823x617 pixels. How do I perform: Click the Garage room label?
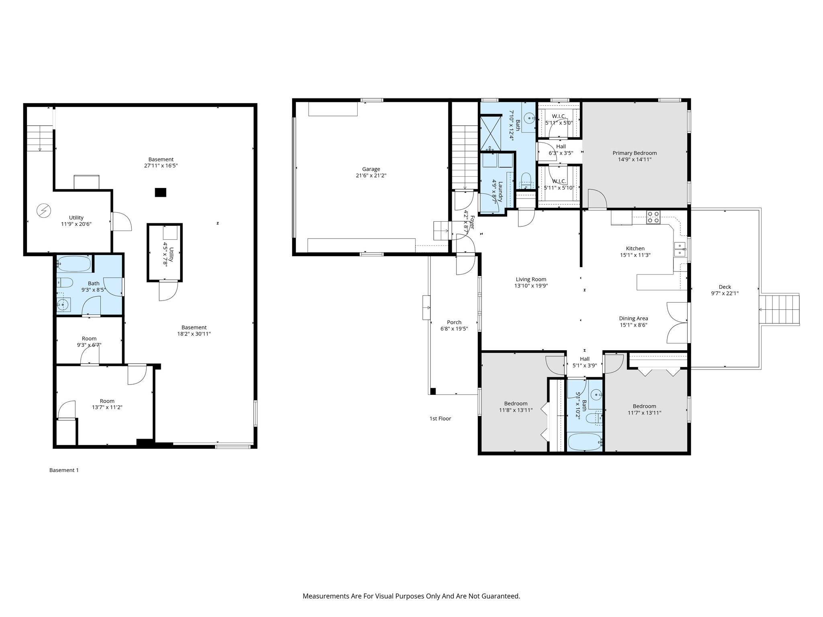pos(371,169)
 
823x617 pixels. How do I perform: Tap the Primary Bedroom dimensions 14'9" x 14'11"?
pos(635,159)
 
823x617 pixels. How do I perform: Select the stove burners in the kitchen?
pos(653,217)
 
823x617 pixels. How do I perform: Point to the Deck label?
pos(725,287)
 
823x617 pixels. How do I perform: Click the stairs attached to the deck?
pos(780,310)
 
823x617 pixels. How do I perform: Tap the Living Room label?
pos(531,280)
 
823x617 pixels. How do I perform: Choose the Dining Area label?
pos(633,319)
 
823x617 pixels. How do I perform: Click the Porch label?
pos(454,322)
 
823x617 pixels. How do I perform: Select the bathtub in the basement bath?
pos(74,264)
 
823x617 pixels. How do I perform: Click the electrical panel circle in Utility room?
pos(43,210)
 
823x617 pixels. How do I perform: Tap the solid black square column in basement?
pos(160,192)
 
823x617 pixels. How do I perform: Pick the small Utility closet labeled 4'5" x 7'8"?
pos(165,252)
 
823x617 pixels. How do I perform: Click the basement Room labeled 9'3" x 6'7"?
pos(89,341)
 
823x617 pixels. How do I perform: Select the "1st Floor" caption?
pos(440,419)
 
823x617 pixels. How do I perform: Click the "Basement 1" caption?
pos(64,470)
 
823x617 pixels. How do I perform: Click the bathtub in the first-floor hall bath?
pos(584,442)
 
